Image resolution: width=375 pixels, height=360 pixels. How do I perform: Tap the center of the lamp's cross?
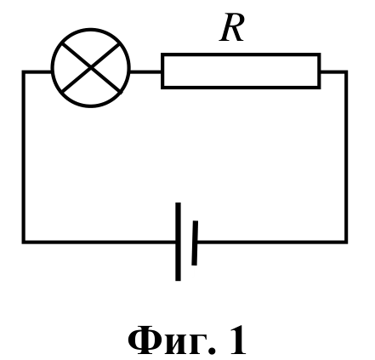click(x=91, y=68)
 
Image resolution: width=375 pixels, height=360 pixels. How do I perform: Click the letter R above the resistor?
click(x=232, y=28)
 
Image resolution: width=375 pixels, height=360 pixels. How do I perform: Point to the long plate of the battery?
click(x=178, y=242)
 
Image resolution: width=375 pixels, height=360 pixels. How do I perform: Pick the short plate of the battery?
click(x=195, y=243)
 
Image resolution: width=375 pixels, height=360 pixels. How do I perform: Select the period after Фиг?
click(x=212, y=351)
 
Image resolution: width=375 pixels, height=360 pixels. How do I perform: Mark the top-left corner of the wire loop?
click(x=24, y=72)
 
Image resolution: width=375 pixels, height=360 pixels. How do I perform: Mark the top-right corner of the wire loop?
click(x=346, y=72)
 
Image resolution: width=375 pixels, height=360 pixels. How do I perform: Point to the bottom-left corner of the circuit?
click(x=24, y=242)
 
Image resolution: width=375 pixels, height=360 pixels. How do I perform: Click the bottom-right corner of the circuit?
click(x=346, y=242)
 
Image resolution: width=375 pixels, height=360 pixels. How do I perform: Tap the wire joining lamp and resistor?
click(x=145, y=71)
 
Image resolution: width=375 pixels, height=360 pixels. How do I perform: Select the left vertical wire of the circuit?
click(x=24, y=157)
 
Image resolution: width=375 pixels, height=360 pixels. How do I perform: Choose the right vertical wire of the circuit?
click(x=346, y=157)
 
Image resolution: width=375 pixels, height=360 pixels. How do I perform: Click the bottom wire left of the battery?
click(x=99, y=242)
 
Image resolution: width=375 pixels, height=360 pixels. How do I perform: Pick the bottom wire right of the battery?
click(x=272, y=242)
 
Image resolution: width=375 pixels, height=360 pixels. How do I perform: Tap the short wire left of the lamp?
click(x=37, y=72)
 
